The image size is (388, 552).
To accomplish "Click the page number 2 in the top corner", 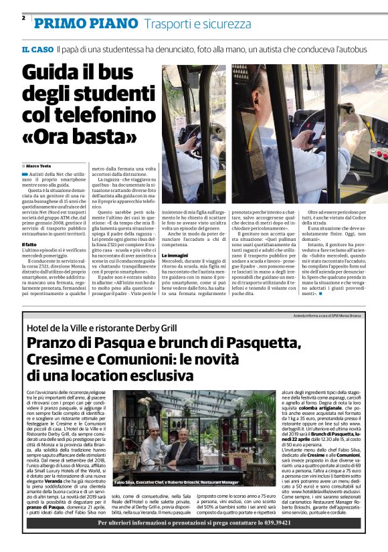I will point(23,18).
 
